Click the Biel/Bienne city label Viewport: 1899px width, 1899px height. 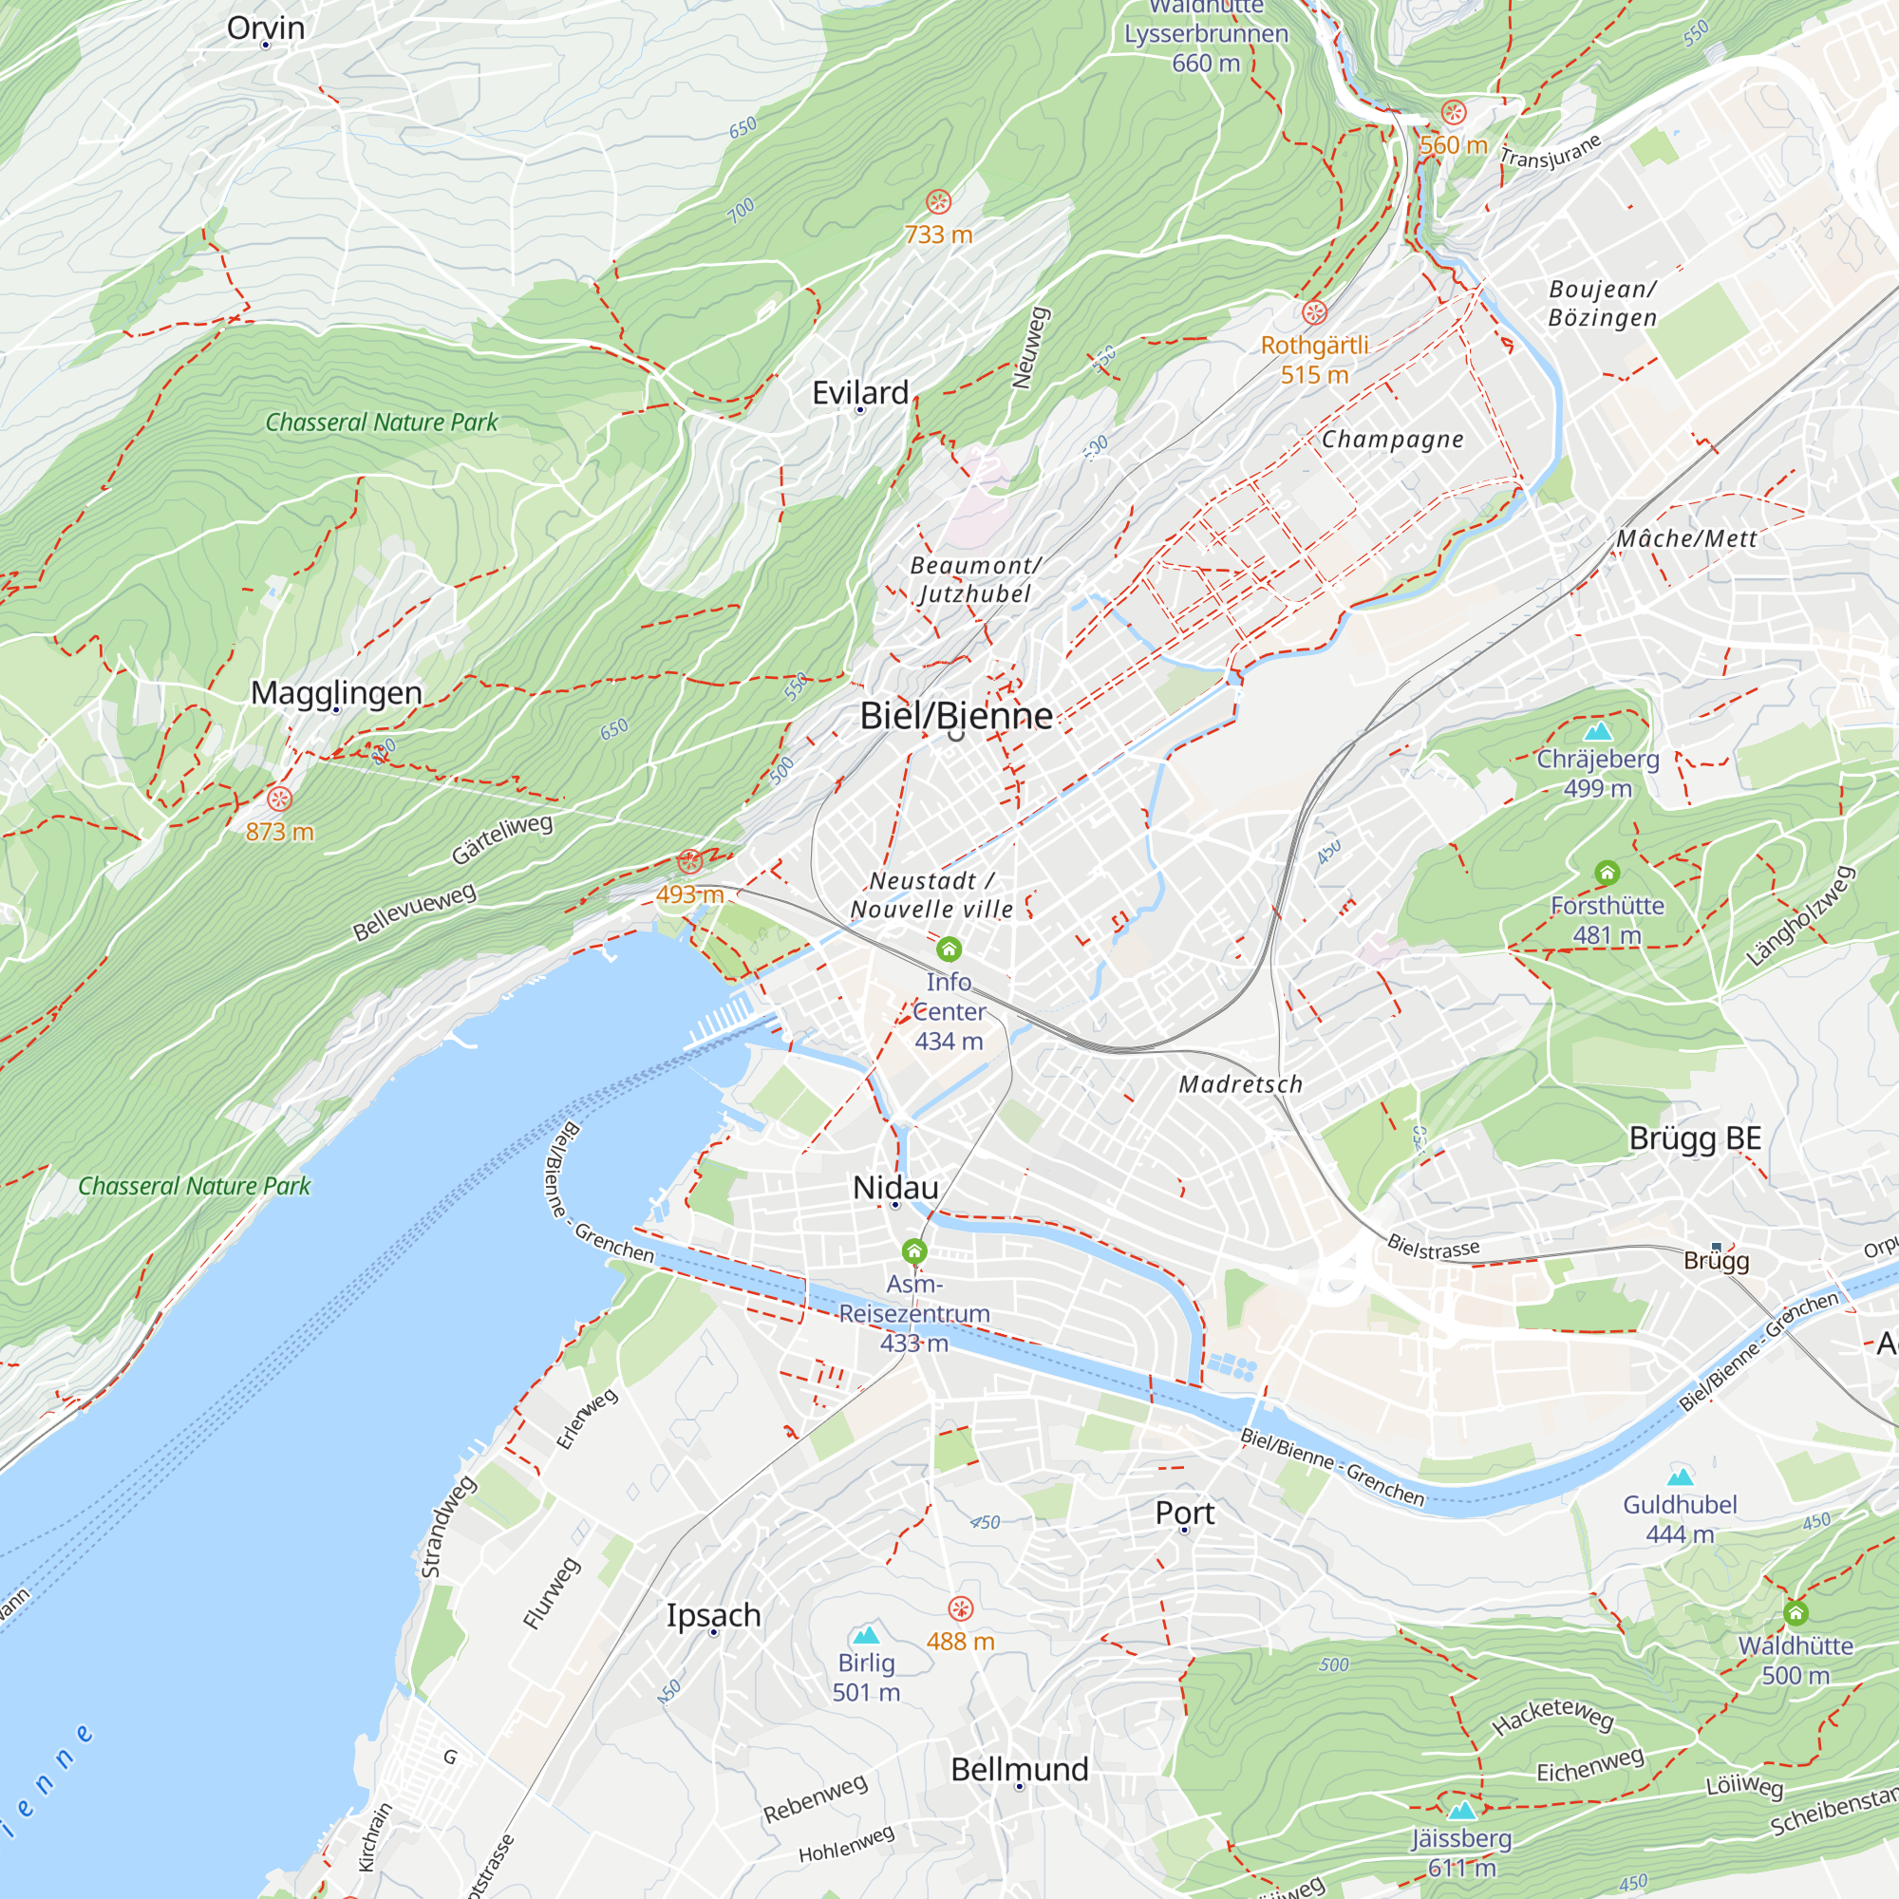coord(955,716)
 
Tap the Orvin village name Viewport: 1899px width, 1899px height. coord(266,28)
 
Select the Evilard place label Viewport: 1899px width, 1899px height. coord(860,393)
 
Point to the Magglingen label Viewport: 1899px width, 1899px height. coord(336,693)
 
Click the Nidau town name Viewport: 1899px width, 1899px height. coord(895,1188)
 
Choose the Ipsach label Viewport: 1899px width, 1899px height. coord(714,1615)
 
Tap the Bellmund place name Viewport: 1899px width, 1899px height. coord(1019,1769)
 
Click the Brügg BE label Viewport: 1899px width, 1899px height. coord(1695,1138)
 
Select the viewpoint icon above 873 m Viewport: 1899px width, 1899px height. coord(279,799)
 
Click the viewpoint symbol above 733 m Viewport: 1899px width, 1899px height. coord(939,202)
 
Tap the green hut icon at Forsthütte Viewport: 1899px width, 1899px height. coord(1608,873)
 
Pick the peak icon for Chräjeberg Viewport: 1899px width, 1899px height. coord(1598,731)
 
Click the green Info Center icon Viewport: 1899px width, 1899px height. coord(949,949)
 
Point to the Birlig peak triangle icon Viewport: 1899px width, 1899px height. coord(866,1636)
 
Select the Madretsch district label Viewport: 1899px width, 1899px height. coord(1240,1084)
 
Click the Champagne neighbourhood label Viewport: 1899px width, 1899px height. coord(1392,440)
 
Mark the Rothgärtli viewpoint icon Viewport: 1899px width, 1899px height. coord(1314,312)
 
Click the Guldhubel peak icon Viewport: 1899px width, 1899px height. coord(1681,1476)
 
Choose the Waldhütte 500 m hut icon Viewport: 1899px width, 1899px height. coord(1796,1613)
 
